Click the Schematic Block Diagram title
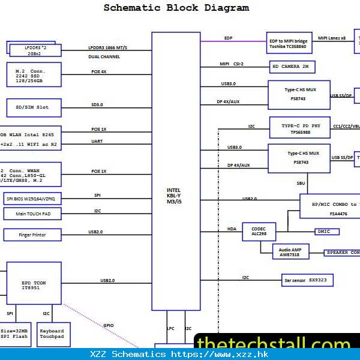point(176,8)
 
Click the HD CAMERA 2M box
point(292,67)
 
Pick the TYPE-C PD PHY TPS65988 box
point(299,128)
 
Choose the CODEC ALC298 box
point(258,231)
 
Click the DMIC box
point(327,232)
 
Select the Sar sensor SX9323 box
point(307,280)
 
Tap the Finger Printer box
point(33,235)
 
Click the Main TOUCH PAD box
point(32,214)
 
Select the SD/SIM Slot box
point(34,107)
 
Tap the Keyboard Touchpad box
point(53,334)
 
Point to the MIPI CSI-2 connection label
point(232,63)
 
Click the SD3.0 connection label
point(97,104)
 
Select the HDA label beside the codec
point(231,229)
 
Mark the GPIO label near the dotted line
point(108,325)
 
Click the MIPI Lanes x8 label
point(332,38)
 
